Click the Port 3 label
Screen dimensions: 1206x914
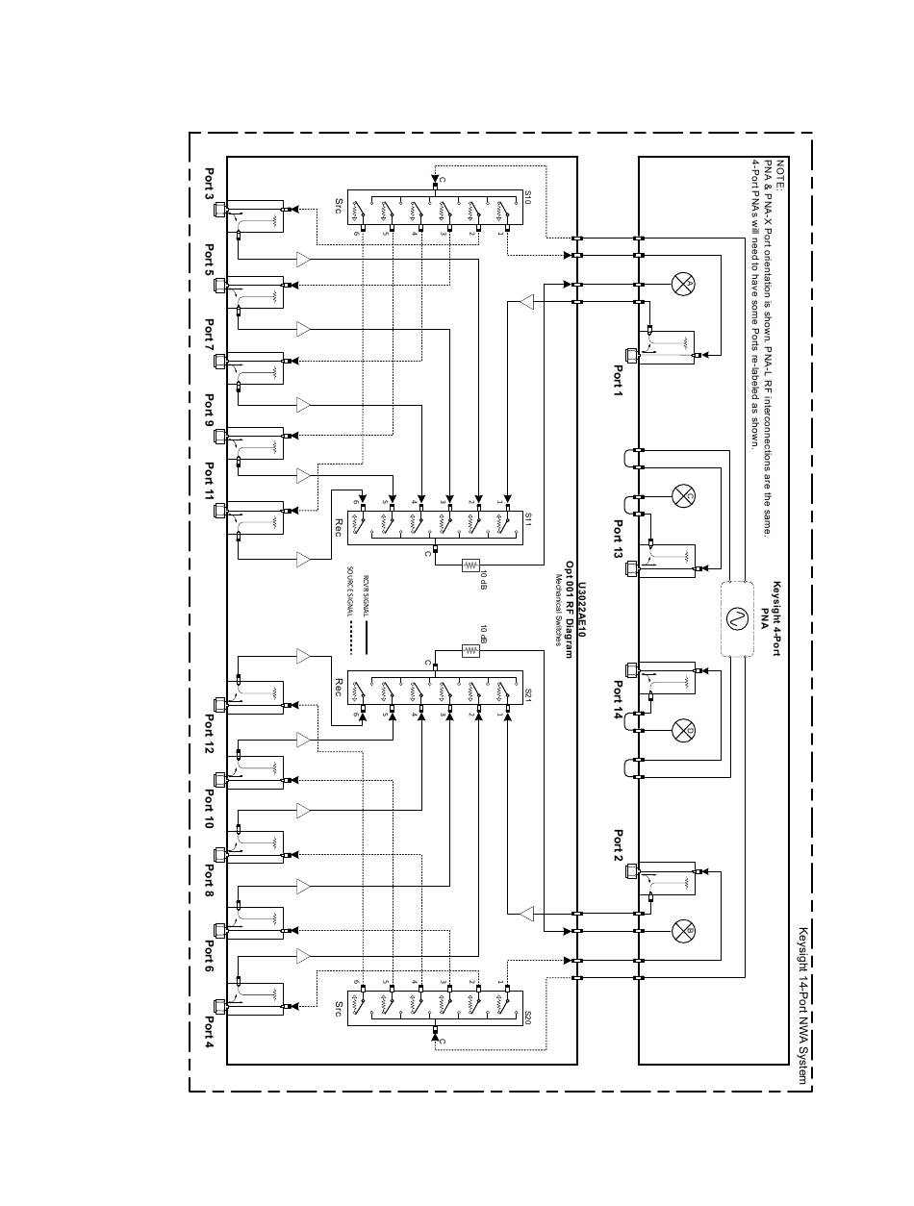tap(210, 185)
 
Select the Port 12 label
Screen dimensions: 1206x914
tap(210, 733)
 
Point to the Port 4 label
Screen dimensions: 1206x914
tap(210, 1030)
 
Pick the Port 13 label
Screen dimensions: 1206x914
tap(619, 539)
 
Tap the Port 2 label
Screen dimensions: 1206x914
tap(619, 846)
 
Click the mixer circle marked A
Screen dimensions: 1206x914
tap(684, 283)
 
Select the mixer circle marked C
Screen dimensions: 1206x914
tap(684, 496)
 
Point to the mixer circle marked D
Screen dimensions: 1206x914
tap(684, 732)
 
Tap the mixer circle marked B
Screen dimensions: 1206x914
tap(684, 930)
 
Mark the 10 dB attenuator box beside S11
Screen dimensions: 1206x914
tap(470, 565)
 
